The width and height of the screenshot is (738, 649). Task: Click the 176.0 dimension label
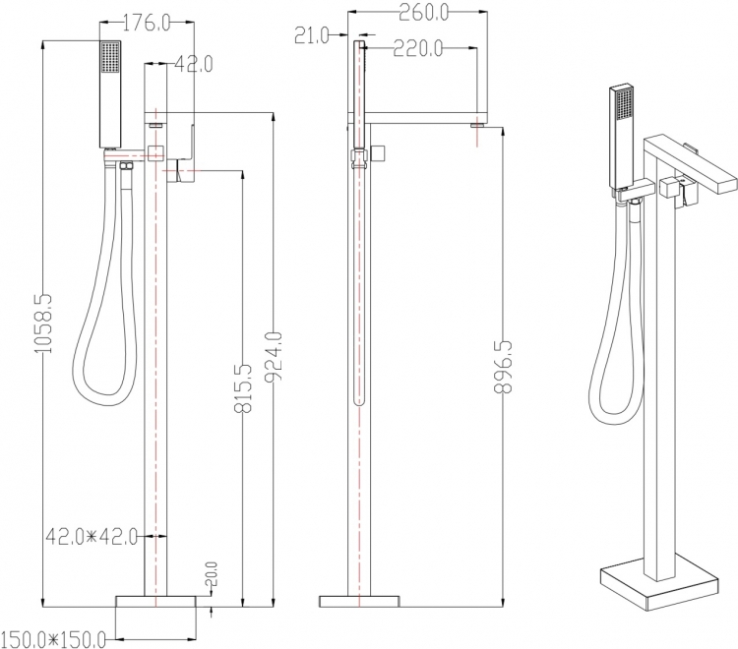click(147, 23)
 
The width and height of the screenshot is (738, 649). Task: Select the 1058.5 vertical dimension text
click(43, 324)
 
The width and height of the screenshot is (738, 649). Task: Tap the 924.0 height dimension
click(273, 356)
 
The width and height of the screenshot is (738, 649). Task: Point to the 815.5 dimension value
click(243, 388)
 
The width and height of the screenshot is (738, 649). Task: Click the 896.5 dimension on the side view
click(503, 367)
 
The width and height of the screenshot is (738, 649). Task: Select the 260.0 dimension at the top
click(423, 13)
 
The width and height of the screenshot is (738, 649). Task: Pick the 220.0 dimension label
click(418, 47)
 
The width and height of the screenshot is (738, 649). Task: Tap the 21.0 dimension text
click(312, 35)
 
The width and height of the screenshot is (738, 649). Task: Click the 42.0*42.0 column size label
click(92, 536)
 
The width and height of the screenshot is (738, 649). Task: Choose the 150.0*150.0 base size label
click(53, 639)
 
